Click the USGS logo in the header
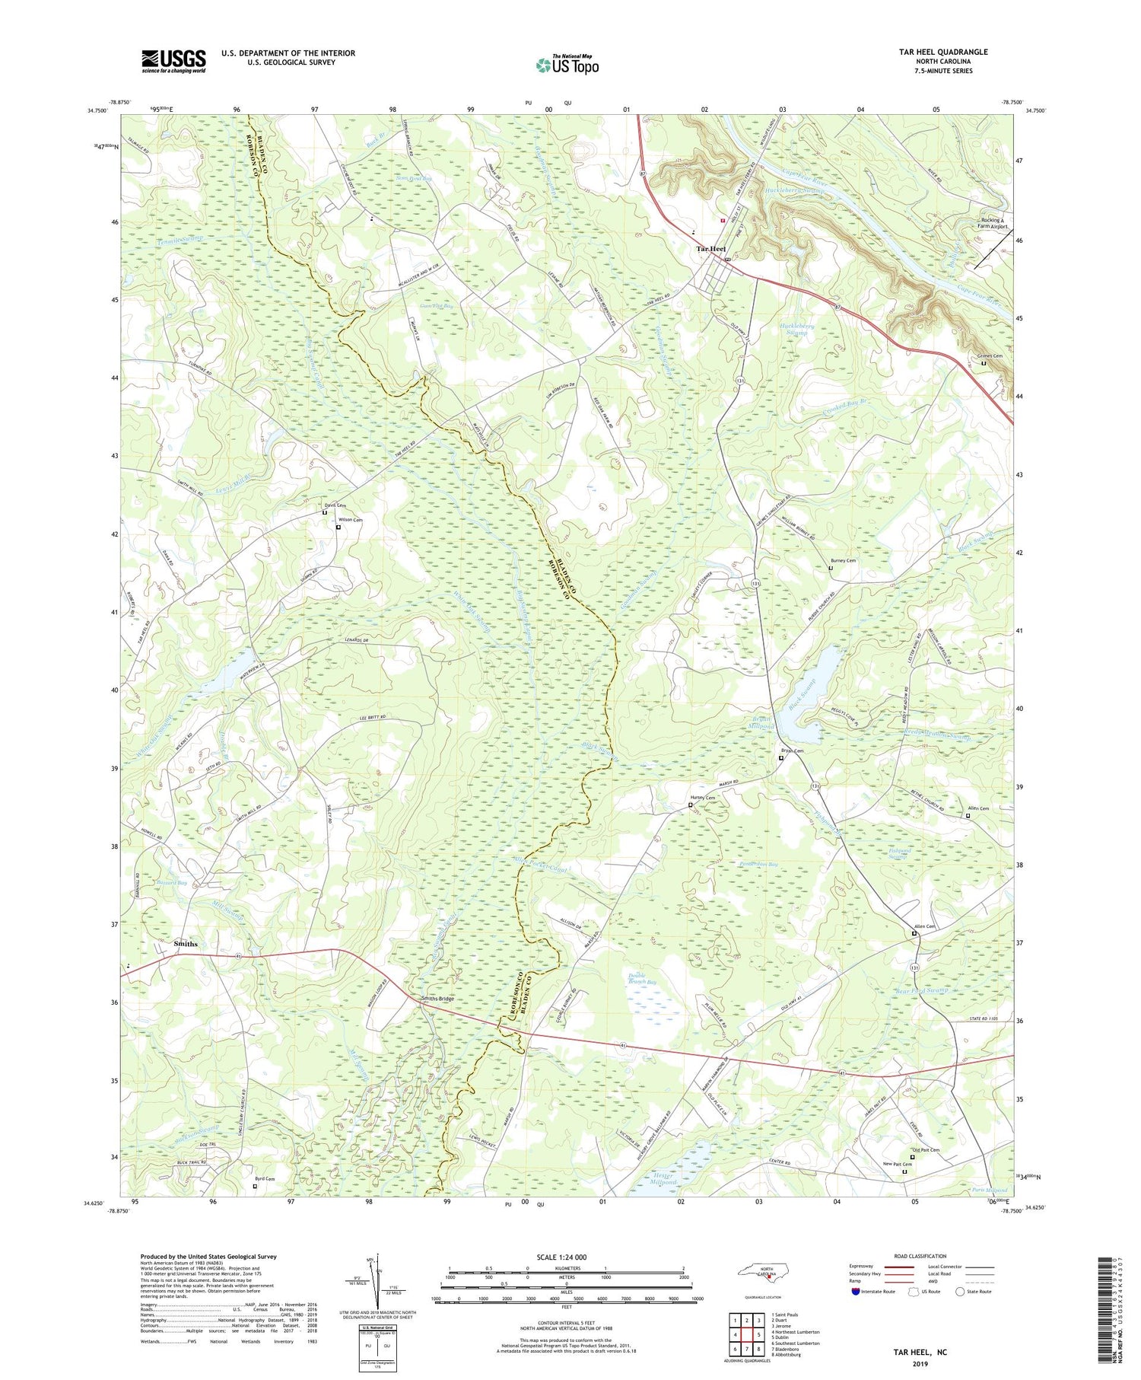pyautogui.click(x=173, y=61)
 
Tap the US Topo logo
pyautogui.click(x=567, y=65)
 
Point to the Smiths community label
pyautogui.click(x=186, y=944)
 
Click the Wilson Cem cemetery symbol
pyautogui.click(x=338, y=527)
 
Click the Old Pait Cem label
pyautogui.click(x=925, y=1150)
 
